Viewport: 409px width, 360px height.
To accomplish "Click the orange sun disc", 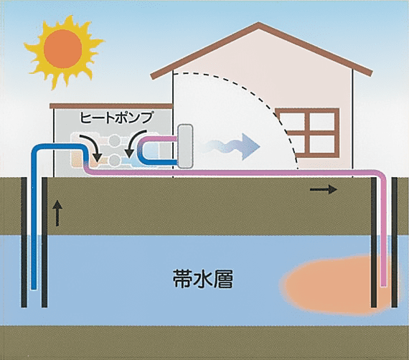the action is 63,49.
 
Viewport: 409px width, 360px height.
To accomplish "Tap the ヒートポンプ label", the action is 116,118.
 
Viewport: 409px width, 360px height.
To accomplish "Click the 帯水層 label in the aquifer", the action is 203,279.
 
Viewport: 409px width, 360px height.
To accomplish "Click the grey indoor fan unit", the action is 185,146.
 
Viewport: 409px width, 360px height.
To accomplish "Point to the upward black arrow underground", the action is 57,214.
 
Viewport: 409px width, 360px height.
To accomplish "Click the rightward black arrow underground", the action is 323,189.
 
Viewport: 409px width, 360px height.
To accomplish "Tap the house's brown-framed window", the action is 308,133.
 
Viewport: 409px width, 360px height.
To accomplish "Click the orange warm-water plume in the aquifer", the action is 337,284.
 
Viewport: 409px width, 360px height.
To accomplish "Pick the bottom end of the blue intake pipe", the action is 34,288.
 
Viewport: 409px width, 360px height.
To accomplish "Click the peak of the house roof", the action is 258,24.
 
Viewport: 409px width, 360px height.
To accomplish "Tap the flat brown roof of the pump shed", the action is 111,105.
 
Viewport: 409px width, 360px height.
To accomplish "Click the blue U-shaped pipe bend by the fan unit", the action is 141,151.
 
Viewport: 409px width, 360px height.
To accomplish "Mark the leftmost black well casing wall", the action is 24,242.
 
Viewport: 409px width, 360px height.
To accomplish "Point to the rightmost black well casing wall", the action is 394,242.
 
